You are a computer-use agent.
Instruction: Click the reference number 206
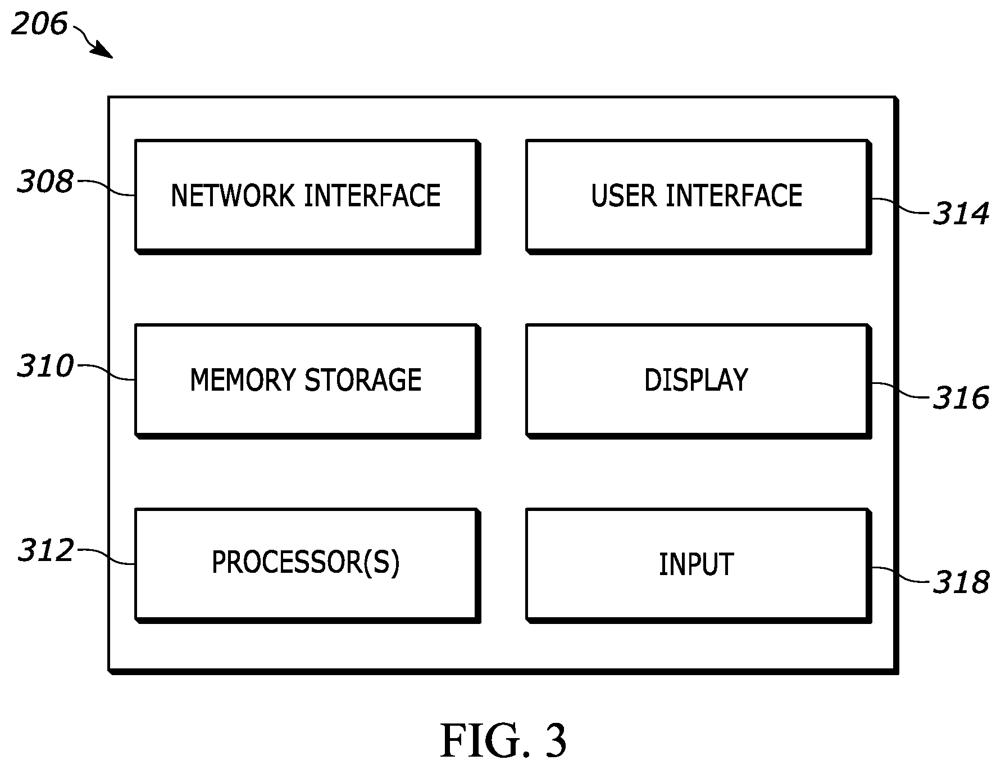[x=39, y=24]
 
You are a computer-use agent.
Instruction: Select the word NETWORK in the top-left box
[x=233, y=196]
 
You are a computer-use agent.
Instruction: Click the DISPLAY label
[x=696, y=380]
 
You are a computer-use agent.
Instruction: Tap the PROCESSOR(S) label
[x=306, y=562]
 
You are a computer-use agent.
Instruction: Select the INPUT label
[x=696, y=564]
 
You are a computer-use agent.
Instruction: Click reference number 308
[x=46, y=182]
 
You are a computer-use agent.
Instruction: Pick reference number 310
[x=46, y=366]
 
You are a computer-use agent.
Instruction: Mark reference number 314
[x=961, y=214]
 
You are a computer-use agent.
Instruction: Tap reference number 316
[x=961, y=398]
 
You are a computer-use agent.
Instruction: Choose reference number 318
[x=961, y=582]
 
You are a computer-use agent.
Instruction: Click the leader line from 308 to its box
[x=106, y=188]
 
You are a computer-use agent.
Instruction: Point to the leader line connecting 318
[x=900, y=575]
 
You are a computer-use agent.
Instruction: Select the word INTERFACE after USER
[x=734, y=196]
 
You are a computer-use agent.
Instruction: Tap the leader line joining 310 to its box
[x=106, y=372]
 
